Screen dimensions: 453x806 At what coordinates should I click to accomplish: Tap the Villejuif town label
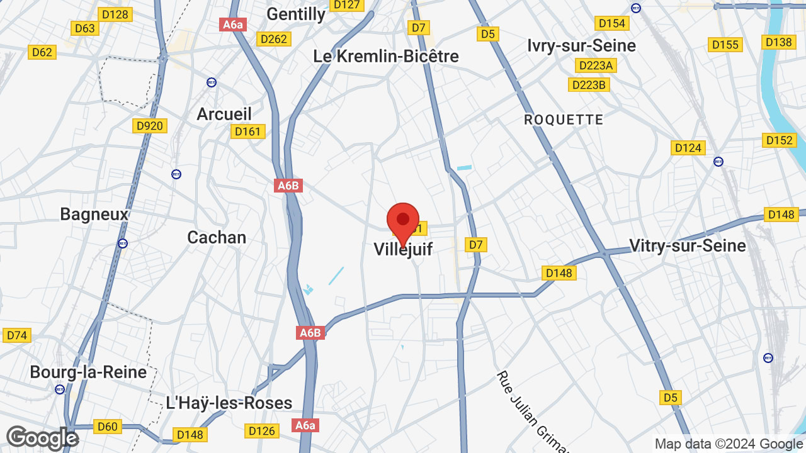[403, 249]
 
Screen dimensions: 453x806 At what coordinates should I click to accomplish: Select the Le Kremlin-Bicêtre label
[386, 56]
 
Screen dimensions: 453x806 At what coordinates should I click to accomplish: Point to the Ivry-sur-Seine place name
[582, 45]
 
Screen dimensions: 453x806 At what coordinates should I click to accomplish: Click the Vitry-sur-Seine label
[688, 245]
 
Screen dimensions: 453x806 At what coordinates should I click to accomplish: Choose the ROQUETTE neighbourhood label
[564, 120]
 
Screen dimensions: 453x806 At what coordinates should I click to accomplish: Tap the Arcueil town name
[224, 114]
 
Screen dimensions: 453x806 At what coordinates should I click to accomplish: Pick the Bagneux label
[94, 215]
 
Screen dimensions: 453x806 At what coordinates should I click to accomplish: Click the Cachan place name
[217, 237]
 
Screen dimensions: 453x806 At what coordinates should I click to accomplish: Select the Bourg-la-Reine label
[88, 372]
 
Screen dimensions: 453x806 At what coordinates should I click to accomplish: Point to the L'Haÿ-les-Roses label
[229, 403]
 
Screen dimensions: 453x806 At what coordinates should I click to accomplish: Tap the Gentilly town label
[296, 14]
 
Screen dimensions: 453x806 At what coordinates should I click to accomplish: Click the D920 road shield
[149, 126]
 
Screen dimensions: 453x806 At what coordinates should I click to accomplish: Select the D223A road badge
[596, 65]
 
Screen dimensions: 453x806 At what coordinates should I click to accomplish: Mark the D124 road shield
[688, 148]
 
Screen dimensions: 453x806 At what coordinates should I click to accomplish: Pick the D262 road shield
[274, 39]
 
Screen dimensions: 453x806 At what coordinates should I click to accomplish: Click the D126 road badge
[261, 431]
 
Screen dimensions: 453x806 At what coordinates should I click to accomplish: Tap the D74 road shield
[17, 335]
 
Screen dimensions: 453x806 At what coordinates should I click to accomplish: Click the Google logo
[42, 439]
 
